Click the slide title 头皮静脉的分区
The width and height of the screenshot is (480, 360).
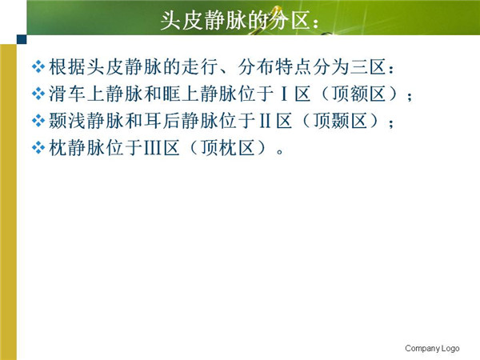[x=240, y=21]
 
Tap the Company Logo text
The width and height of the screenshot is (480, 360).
[x=432, y=348]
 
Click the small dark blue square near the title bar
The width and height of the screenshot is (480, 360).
[x=22, y=39]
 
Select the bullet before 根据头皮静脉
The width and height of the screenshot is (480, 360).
[x=38, y=66]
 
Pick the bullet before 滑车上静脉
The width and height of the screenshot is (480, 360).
[x=38, y=94]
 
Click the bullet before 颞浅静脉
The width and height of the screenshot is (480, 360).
[x=38, y=120]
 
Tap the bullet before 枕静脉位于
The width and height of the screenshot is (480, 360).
[x=38, y=147]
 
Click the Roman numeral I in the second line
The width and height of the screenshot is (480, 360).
[x=284, y=94]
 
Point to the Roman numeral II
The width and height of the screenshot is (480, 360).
[x=265, y=121]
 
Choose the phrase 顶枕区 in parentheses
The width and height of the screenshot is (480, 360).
[x=228, y=147]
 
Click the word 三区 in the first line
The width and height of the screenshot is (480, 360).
[x=368, y=66]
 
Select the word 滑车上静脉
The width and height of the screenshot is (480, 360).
[x=95, y=94]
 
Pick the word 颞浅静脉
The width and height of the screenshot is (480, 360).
[x=86, y=121]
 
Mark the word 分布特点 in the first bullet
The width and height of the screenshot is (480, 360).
[x=274, y=66]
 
